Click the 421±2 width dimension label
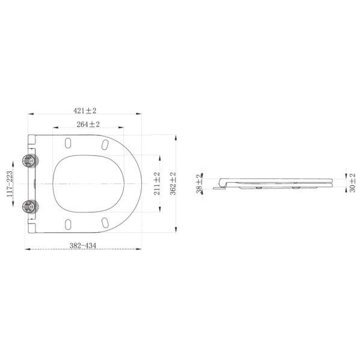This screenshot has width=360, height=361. point(85,111)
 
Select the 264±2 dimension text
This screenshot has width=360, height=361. point(88,125)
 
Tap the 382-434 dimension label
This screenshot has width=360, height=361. point(83,245)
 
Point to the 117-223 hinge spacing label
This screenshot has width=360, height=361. point(9,184)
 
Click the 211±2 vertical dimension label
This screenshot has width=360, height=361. point(157,184)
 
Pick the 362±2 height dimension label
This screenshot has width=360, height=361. point(172,184)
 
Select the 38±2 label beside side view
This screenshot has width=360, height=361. point(199,184)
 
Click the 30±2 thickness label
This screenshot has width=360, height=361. point(352,183)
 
